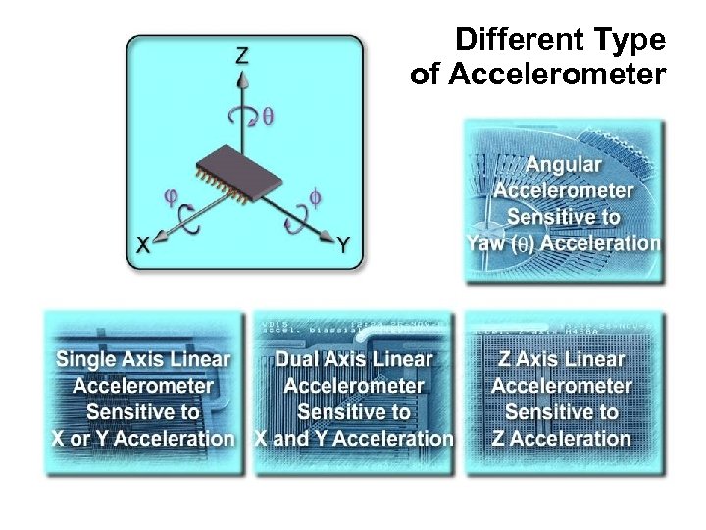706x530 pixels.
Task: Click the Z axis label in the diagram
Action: (x=241, y=56)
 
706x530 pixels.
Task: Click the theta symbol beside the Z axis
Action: (x=268, y=116)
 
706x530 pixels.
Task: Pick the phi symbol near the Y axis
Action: (x=314, y=197)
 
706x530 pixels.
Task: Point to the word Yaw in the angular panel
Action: (x=489, y=242)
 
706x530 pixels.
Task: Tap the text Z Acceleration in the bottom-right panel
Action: (x=562, y=438)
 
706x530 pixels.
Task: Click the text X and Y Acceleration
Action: (x=354, y=438)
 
